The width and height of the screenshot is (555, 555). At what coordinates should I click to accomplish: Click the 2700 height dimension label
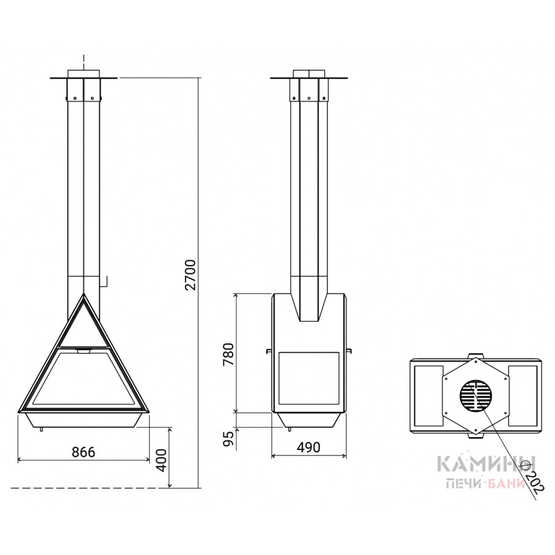click(x=190, y=274)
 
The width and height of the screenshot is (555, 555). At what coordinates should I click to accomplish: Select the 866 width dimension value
click(x=83, y=452)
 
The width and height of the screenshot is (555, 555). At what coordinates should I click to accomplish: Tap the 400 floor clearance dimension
click(x=162, y=460)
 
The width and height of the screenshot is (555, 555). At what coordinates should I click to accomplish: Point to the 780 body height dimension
click(x=228, y=354)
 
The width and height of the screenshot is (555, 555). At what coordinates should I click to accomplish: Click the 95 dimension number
click(x=229, y=439)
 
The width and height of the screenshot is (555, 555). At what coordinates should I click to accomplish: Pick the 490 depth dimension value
click(x=308, y=448)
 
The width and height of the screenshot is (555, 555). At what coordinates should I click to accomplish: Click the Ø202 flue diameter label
click(x=532, y=479)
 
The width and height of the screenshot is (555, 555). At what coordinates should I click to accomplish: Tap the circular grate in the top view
click(x=476, y=397)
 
